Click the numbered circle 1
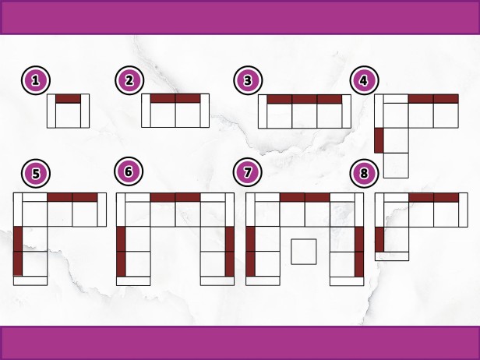[x=36, y=80]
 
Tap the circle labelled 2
[x=129, y=80]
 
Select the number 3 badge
[x=248, y=80]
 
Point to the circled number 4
[x=365, y=80]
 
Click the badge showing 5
[x=36, y=174]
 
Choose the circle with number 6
[x=129, y=171]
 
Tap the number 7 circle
[x=247, y=172]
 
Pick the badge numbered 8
[x=365, y=173]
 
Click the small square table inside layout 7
[x=304, y=252]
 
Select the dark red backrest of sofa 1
[x=68, y=98]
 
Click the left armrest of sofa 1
[x=51, y=111]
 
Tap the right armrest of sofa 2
[x=205, y=111]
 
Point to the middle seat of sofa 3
[x=305, y=115]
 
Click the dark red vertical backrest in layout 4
[x=379, y=140]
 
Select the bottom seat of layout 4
[x=396, y=165]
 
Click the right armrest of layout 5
[x=102, y=210]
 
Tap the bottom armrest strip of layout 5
[x=30, y=281]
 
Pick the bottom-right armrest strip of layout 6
[x=217, y=281]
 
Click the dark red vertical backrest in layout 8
[x=379, y=239]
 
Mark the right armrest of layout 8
[x=463, y=210]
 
